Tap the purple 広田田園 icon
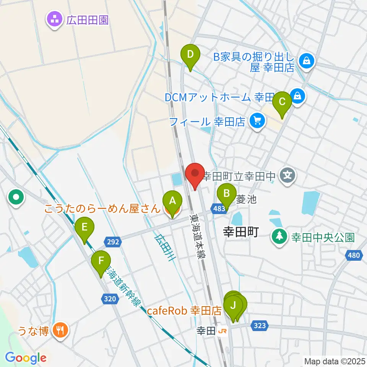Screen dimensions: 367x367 tap(54, 19)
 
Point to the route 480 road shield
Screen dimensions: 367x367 tap(354, 255)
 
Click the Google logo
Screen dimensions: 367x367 tap(26, 358)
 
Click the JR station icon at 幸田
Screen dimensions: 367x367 tap(222, 331)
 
